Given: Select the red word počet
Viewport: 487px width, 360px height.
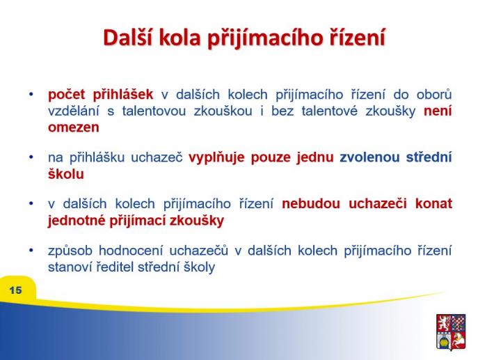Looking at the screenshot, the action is (x=67, y=95).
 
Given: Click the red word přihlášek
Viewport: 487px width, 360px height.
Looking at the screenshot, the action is (x=122, y=95).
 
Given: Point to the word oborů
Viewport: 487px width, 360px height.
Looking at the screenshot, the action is (x=434, y=94).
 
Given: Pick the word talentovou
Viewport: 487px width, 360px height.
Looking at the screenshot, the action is (x=154, y=111).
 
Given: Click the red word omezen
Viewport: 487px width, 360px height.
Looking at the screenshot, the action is (x=74, y=127).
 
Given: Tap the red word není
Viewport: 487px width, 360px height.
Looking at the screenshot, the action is (x=438, y=111).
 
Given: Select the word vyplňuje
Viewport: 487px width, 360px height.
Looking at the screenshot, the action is (x=216, y=157).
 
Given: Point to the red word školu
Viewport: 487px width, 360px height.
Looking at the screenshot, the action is (x=66, y=174).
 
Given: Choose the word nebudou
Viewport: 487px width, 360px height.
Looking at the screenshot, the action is (x=311, y=204).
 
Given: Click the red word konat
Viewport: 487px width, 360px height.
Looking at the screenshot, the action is (x=433, y=204).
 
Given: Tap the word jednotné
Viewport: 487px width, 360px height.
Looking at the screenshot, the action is (x=77, y=221).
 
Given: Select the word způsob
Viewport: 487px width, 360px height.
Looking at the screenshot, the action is (x=70, y=251).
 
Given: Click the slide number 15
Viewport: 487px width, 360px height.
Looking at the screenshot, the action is (x=15, y=290).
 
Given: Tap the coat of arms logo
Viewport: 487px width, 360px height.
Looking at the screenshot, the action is (x=451, y=332).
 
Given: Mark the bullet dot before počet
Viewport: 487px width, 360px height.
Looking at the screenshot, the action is (x=31, y=94).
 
